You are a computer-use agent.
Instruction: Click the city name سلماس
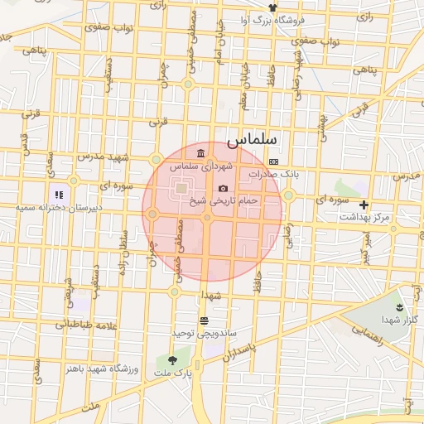coord(257,141)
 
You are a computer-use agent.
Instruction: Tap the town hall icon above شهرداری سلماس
coord(202,154)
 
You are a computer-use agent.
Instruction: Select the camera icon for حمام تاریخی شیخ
coord(223,189)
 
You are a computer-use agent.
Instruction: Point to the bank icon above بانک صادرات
coord(273,161)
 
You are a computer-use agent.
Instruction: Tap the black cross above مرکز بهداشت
coord(364,204)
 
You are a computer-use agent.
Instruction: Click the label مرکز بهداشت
coord(364,216)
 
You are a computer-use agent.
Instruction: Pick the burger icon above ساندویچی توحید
coord(204,320)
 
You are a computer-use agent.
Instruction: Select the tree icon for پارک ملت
coord(172,360)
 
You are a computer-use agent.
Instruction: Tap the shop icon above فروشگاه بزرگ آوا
coord(262,7)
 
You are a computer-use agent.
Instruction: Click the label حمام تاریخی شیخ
coord(224,200)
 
